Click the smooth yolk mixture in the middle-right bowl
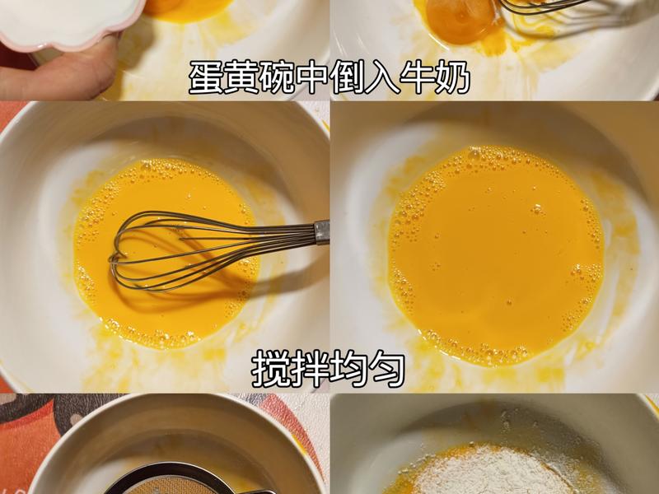coord(494,255)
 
